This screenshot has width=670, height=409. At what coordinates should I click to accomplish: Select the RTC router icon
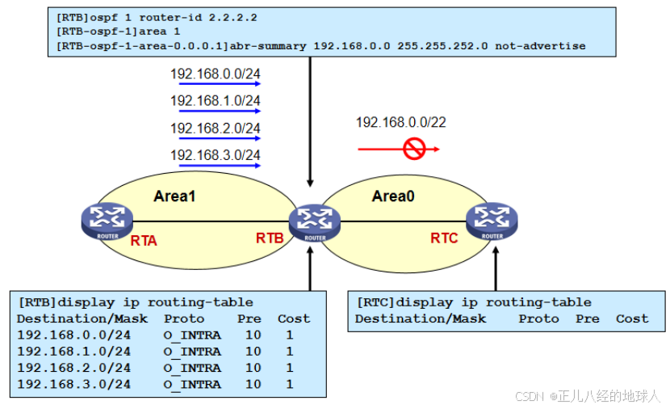pos(492,221)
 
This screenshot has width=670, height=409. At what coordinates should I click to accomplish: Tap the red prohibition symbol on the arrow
pos(414,149)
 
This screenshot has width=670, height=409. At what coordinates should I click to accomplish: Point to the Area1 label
pos(175,196)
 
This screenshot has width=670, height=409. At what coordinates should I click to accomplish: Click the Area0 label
pos(393,196)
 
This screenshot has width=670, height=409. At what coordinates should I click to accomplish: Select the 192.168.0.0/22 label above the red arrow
pos(401,123)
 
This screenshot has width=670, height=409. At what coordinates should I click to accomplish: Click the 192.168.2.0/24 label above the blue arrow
pos(215,128)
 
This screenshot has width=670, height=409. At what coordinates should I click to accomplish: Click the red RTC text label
pos(444,238)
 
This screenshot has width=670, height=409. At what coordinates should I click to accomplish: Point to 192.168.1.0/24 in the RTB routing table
pos(73,352)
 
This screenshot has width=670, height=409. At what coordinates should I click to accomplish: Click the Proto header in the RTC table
pos(538,318)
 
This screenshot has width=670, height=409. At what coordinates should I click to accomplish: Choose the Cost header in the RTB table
pos(294,318)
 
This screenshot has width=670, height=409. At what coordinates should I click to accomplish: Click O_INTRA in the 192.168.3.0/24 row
pos(191,385)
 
